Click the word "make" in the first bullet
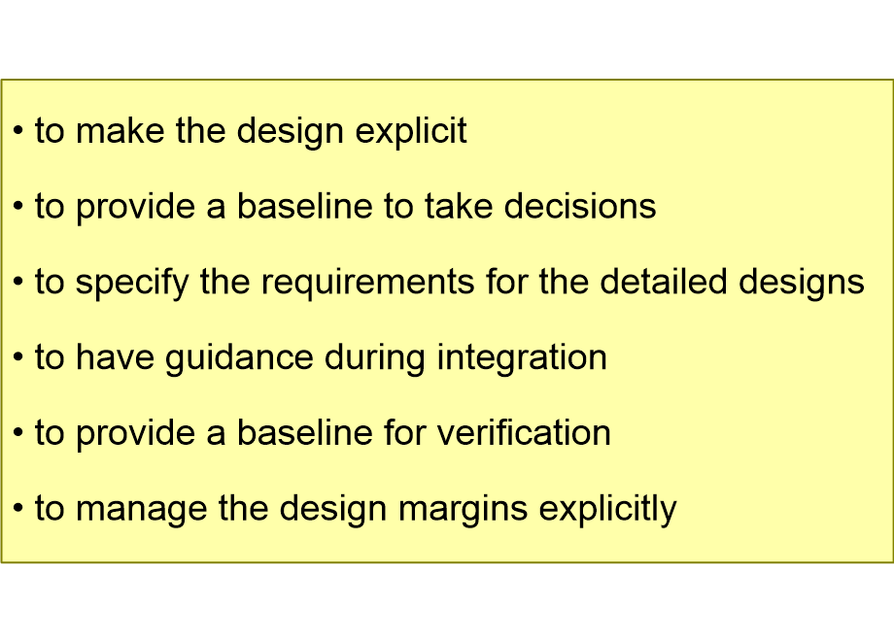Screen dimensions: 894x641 click(120, 130)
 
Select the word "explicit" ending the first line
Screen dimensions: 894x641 click(411, 133)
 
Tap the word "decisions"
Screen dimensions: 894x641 click(580, 206)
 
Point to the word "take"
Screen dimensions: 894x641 click(459, 206)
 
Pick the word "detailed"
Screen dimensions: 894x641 click(664, 282)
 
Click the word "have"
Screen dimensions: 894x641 click(116, 357)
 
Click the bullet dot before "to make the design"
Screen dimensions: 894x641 click(18, 130)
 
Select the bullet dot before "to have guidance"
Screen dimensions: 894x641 click(18, 357)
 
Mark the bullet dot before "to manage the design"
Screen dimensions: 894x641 click(18, 508)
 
